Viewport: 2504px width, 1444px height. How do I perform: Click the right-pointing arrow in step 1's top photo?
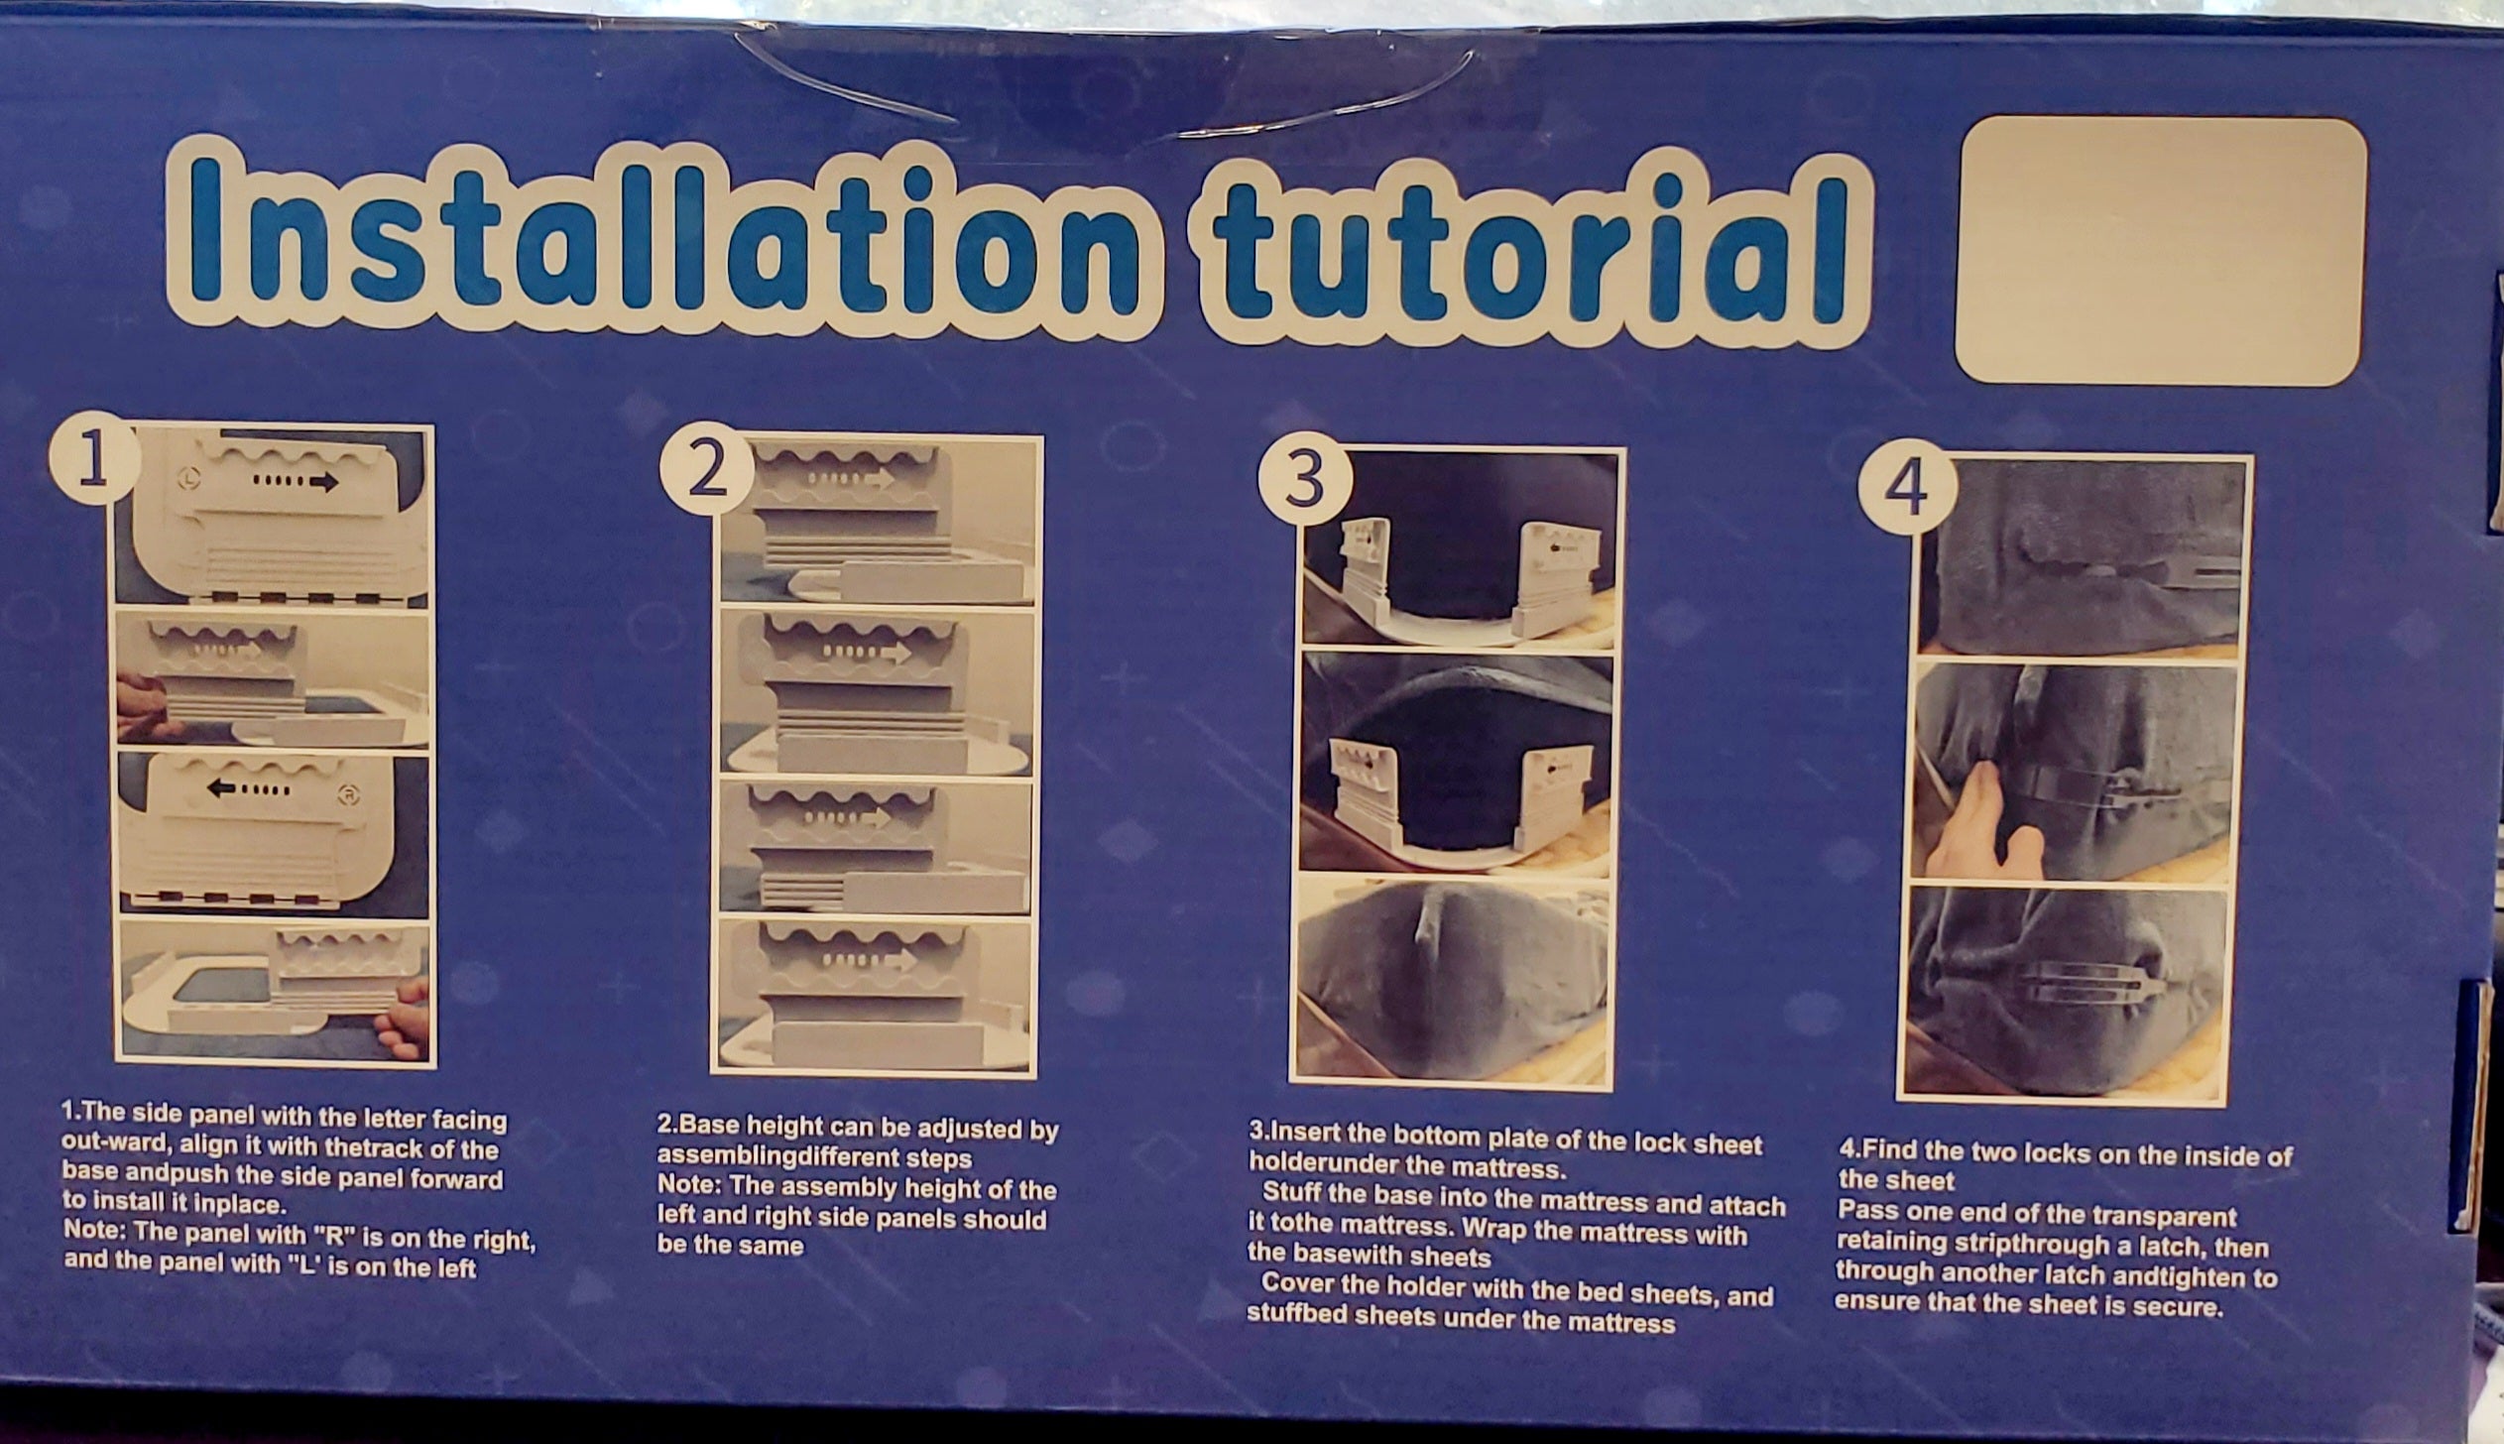pos(297,482)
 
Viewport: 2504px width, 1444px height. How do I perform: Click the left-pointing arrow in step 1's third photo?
pos(249,789)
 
